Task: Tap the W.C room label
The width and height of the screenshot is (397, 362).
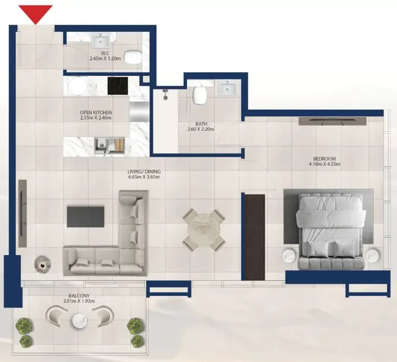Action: pyautogui.click(x=105, y=53)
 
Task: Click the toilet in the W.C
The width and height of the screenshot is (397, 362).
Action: pyautogui.click(x=133, y=57)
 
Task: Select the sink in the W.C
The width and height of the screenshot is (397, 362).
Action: pyautogui.click(x=101, y=41)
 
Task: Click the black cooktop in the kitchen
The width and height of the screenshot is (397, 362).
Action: pyautogui.click(x=118, y=86)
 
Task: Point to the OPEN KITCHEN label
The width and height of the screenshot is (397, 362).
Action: pyautogui.click(x=96, y=112)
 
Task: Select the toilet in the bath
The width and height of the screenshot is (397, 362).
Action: pyautogui.click(x=199, y=95)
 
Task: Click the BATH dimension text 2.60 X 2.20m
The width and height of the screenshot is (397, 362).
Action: pyautogui.click(x=201, y=129)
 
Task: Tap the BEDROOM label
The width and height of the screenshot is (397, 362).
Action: pyautogui.click(x=325, y=159)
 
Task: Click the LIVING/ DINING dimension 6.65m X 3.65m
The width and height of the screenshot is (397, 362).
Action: pyautogui.click(x=144, y=177)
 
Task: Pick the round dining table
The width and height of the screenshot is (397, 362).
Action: pyautogui.click(x=204, y=229)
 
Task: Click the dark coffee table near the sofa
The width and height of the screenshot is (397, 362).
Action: pyautogui.click(x=85, y=217)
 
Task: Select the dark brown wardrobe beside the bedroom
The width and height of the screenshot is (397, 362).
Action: pyautogui.click(x=255, y=237)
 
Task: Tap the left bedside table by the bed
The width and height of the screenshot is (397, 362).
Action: pyautogui.click(x=289, y=256)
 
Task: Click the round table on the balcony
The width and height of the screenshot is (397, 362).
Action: pyautogui.click(x=80, y=321)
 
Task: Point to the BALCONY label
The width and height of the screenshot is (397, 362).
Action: pyautogui.click(x=79, y=296)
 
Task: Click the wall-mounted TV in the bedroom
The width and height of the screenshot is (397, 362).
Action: pyautogui.click(x=332, y=121)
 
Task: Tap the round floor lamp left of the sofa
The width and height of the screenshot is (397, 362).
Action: pyautogui.click(x=43, y=265)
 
